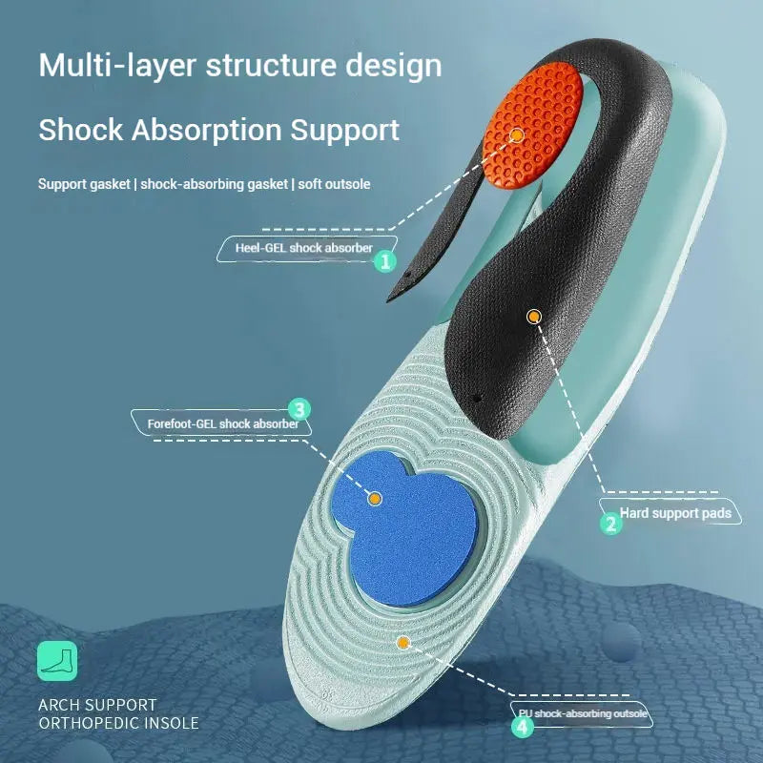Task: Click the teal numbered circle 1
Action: tap(384, 261)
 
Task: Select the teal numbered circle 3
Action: tap(299, 410)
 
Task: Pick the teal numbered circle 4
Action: tap(522, 727)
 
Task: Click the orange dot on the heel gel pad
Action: tap(516, 134)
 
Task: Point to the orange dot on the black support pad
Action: tap(533, 316)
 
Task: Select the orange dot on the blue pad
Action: tap(375, 498)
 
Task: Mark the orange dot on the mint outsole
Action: tap(403, 643)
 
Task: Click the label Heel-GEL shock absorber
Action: tap(303, 249)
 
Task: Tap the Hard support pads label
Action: tap(675, 513)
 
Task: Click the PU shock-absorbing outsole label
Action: tap(584, 713)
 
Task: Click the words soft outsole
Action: tap(334, 183)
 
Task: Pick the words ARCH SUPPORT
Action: tap(97, 705)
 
